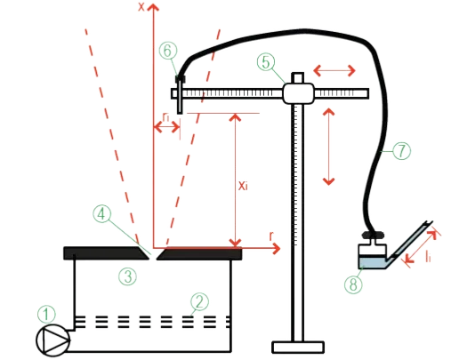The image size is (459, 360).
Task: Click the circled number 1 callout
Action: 45,313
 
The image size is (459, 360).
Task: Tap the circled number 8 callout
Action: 353,285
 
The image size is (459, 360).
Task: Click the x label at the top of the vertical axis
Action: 142,7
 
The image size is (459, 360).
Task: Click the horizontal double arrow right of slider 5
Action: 339,69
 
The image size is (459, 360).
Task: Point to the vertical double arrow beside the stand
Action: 328,147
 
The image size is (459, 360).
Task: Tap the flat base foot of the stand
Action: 298,346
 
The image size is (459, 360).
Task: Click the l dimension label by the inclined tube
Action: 428,255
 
